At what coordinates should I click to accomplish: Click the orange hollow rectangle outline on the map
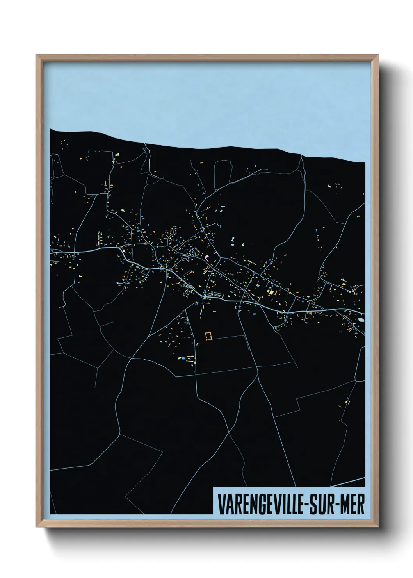click(x=208, y=336)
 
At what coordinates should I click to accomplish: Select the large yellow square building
click(x=269, y=292)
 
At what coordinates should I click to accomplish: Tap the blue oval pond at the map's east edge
click(x=361, y=319)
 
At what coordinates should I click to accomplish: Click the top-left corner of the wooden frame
click(x=36, y=55)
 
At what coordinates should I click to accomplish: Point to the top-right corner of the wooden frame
click(x=379, y=55)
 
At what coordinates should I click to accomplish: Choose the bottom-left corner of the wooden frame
click(x=36, y=528)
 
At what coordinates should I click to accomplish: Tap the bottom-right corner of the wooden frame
click(x=379, y=528)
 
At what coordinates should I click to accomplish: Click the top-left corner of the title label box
click(x=213, y=487)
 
